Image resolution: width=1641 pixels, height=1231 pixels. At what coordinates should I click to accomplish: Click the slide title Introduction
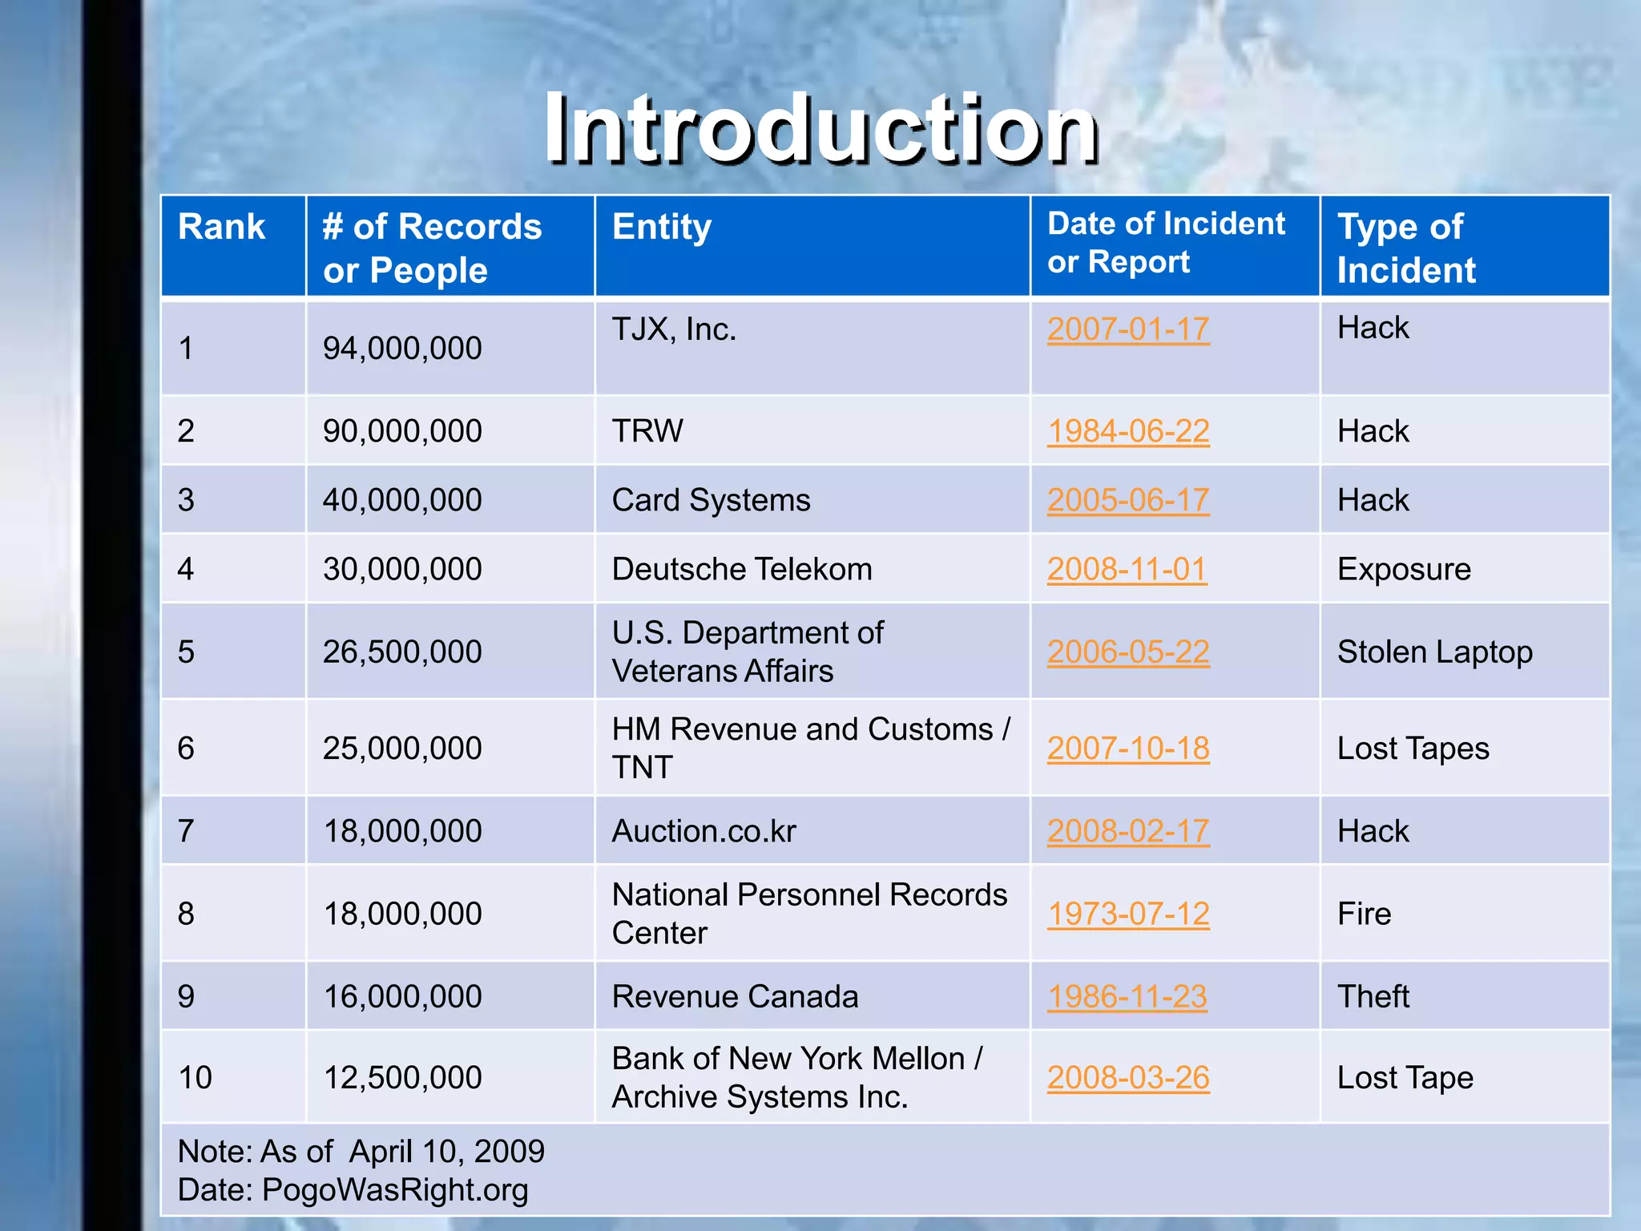(820, 128)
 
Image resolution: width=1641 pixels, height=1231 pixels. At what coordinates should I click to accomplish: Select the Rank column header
(221, 227)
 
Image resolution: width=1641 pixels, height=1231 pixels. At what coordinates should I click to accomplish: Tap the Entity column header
(661, 227)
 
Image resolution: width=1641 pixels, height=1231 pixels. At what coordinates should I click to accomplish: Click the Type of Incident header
(1406, 248)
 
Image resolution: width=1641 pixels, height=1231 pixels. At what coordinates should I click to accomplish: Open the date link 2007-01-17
(1128, 329)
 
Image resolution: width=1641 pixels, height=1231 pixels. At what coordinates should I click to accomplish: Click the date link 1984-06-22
(1128, 431)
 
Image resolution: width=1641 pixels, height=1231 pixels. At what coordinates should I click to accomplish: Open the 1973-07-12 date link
(1128, 914)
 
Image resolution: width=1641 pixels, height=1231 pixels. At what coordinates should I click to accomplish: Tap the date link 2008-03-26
(1128, 1078)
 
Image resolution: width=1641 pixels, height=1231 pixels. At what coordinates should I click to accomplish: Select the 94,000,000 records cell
(402, 349)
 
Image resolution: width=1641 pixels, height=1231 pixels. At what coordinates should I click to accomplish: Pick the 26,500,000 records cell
(402, 652)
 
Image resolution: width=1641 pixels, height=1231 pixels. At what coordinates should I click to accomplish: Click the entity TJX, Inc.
(674, 329)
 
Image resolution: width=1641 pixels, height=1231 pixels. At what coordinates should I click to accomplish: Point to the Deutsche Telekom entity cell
(742, 570)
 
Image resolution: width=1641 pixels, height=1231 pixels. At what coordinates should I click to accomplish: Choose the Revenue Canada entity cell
(735, 997)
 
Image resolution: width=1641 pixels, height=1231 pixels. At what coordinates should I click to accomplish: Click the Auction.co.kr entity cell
(704, 832)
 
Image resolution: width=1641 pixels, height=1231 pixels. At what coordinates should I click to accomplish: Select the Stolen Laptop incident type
(1434, 652)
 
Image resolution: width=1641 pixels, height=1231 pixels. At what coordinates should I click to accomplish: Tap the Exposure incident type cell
(1404, 570)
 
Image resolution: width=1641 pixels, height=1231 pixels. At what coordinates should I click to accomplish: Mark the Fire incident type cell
(1364, 914)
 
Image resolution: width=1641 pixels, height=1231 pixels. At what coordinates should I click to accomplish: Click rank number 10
(195, 1078)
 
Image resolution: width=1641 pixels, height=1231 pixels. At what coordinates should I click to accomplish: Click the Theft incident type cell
(1373, 997)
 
